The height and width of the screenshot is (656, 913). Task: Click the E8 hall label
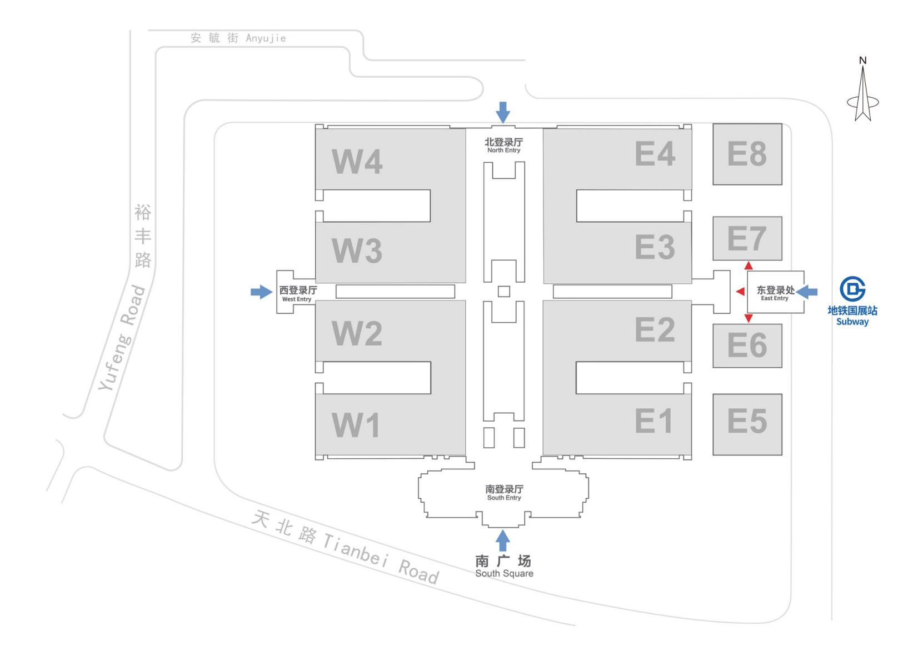(747, 154)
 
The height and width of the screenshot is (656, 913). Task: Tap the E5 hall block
(747, 424)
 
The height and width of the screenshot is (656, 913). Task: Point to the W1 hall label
(356, 425)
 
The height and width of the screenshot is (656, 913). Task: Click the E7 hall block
(747, 238)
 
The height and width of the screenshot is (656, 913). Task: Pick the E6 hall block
(747, 345)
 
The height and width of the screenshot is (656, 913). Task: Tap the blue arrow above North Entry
(503, 112)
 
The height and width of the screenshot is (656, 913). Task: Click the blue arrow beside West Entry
(261, 292)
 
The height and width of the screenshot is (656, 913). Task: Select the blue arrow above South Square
(503, 540)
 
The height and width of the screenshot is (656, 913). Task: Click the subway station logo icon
(852, 289)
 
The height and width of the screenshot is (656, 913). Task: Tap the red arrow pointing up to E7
(749, 266)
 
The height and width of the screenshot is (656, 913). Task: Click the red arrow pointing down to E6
(749, 318)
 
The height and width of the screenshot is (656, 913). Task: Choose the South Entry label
(504, 492)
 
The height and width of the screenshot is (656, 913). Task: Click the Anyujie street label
(238, 38)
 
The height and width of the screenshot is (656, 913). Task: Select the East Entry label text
(775, 293)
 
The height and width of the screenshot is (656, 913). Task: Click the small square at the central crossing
(503, 291)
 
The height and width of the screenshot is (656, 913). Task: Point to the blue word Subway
(852, 322)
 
